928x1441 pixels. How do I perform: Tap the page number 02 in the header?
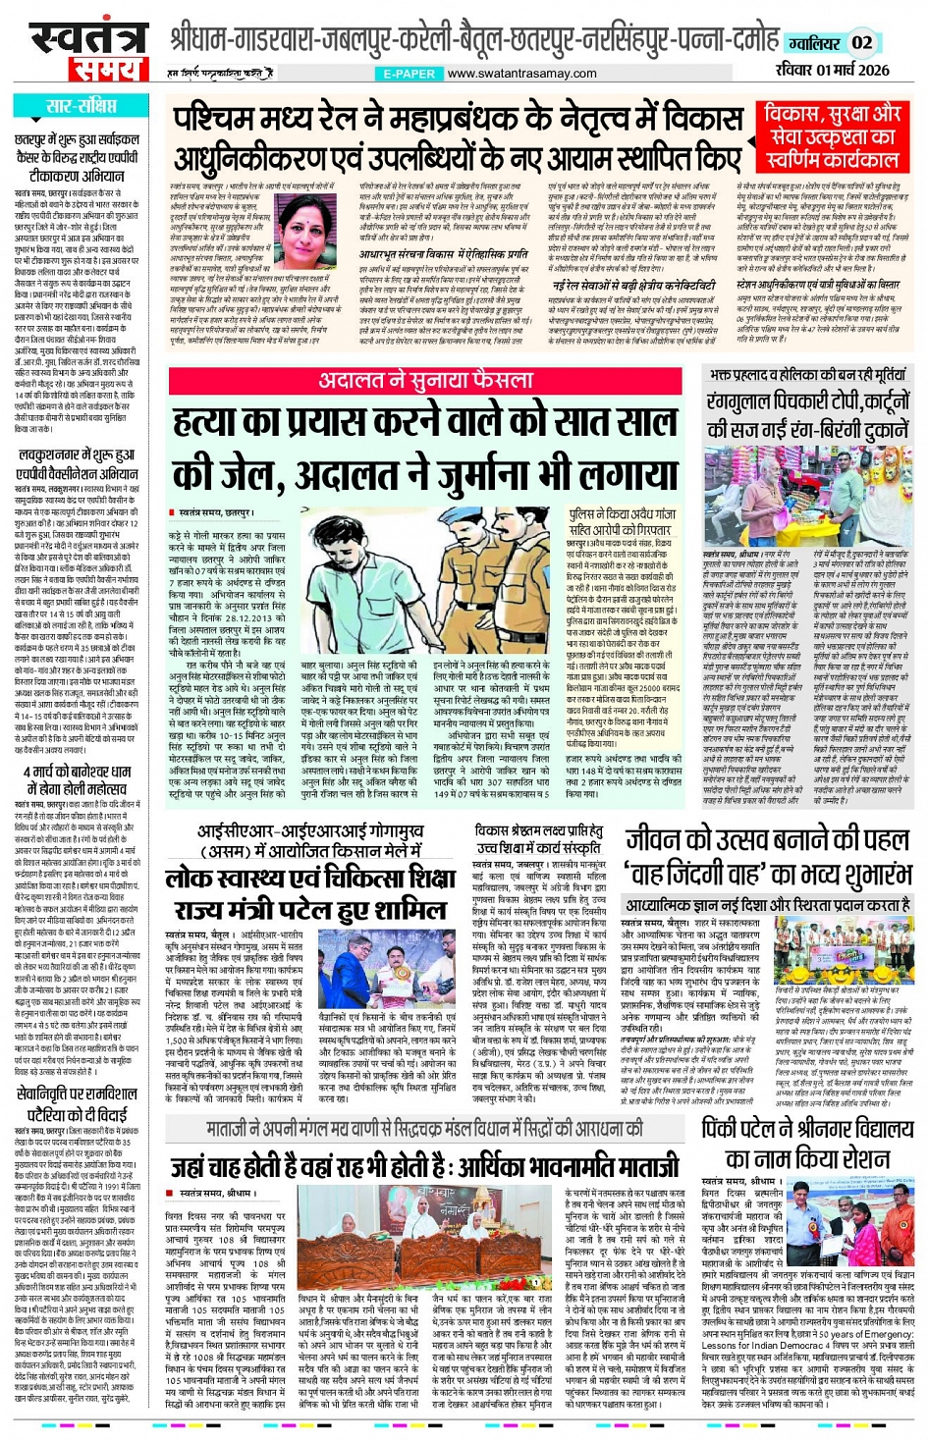click(x=861, y=42)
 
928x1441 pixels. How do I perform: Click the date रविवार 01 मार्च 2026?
click(x=832, y=70)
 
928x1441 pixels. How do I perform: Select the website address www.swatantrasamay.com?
click(x=520, y=74)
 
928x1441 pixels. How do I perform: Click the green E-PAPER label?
click(x=409, y=74)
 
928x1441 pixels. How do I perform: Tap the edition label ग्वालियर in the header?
click(x=812, y=43)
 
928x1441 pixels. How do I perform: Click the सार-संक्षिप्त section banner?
click(x=81, y=106)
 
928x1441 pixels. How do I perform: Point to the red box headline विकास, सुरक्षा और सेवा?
click(x=833, y=136)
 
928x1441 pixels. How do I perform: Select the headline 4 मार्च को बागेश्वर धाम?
click(x=77, y=779)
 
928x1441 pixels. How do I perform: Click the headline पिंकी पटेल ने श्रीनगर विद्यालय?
click(x=806, y=1143)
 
